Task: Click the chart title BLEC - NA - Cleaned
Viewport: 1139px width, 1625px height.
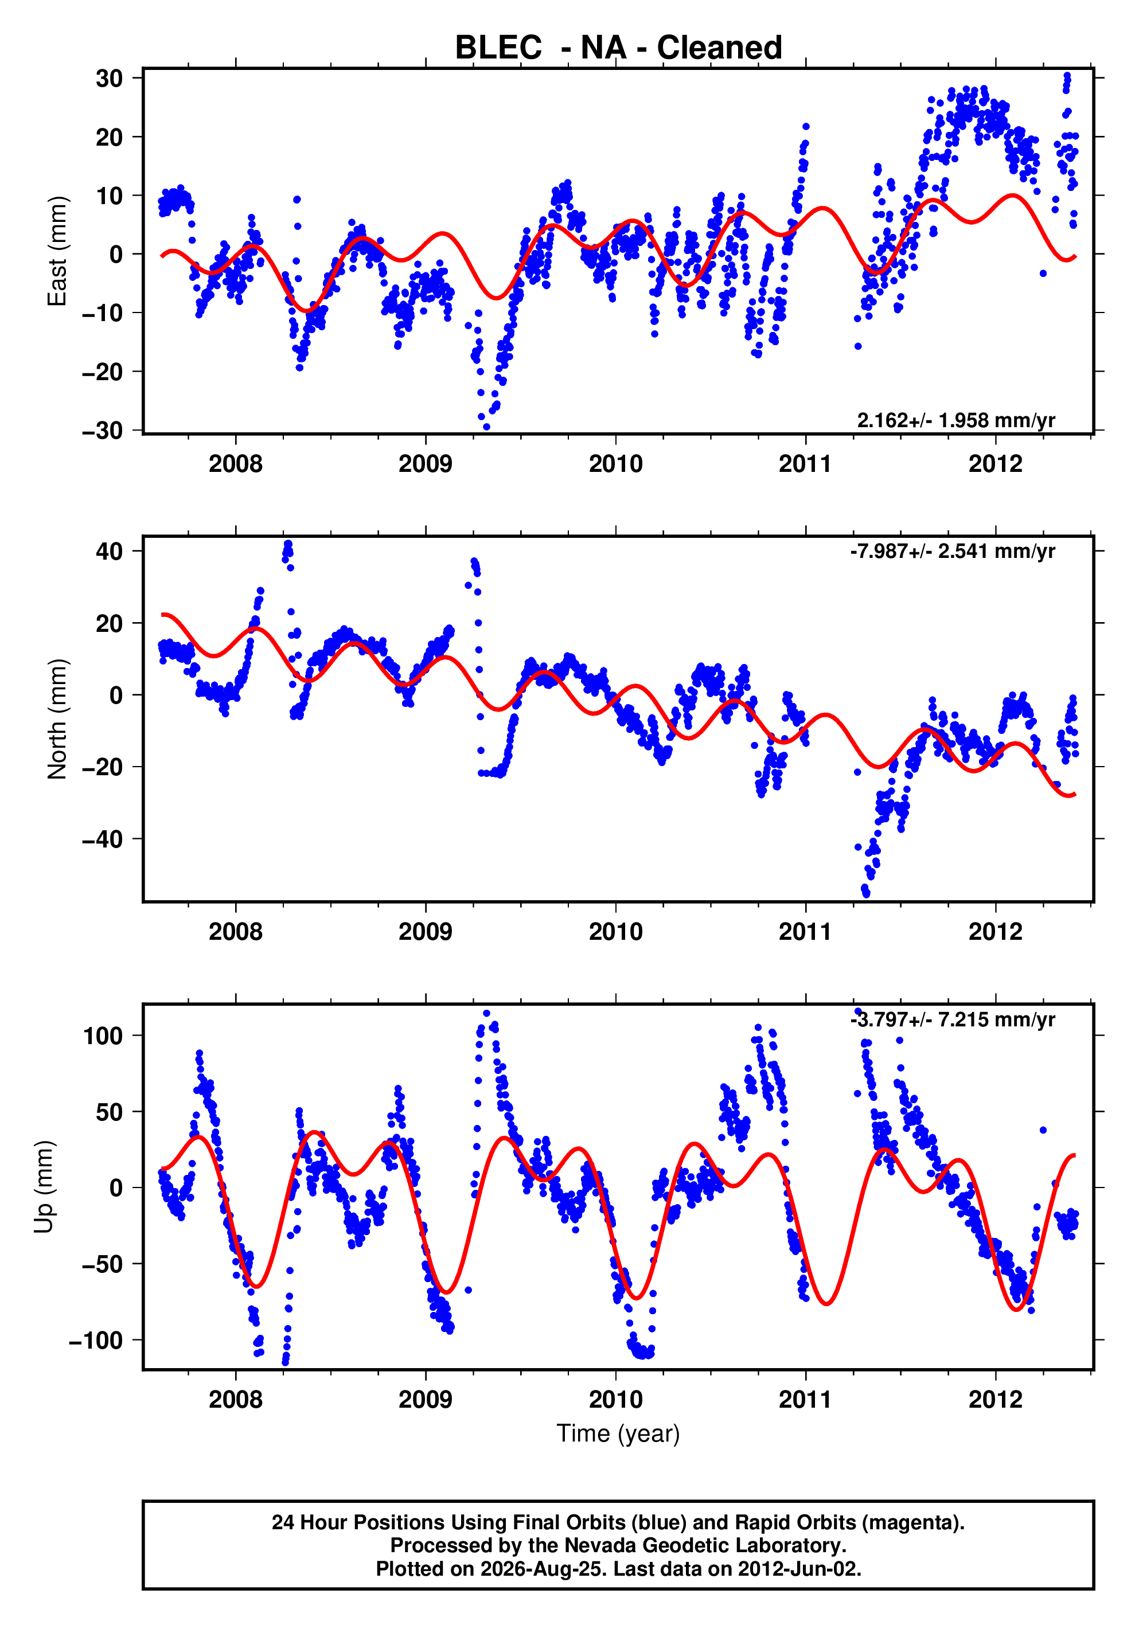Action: click(x=618, y=48)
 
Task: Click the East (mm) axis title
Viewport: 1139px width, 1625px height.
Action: click(x=57, y=251)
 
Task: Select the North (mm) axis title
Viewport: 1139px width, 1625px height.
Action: click(x=57, y=719)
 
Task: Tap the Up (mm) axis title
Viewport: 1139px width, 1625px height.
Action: click(x=45, y=1187)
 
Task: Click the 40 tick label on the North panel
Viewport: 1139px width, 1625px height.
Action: click(x=110, y=552)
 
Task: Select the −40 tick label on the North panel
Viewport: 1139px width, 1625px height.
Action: click(x=103, y=839)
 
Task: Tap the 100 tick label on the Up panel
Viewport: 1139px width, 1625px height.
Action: click(x=103, y=1036)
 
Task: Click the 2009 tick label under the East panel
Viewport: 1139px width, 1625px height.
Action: click(x=426, y=464)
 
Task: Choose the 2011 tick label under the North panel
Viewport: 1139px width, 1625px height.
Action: click(x=806, y=932)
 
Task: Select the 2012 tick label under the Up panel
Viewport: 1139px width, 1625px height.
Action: click(x=995, y=1400)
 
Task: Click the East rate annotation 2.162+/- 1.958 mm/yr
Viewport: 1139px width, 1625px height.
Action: click(x=955, y=420)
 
